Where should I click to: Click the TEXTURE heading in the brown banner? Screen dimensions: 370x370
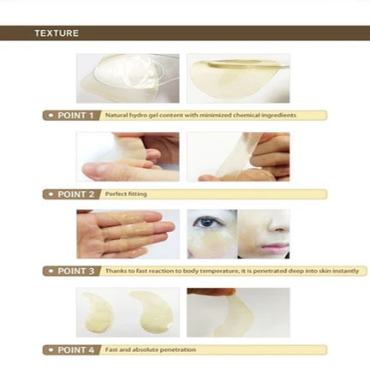pyautogui.click(x=57, y=33)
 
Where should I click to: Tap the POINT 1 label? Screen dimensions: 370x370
pyautogui.click(x=75, y=116)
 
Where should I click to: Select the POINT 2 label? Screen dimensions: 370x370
pyautogui.click(x=76, y=194)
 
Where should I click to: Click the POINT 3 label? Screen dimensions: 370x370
pyautogui.click(x=76, y=271)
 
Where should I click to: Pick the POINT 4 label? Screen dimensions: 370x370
pyautogui.click(x=76, y=349)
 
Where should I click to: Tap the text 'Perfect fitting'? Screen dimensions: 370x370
pyautogui.click(x=126, y=194)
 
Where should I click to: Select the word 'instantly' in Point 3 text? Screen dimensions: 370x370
pyautogui.click(x=346, y=271)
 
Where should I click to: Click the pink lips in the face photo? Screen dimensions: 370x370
pyautogui.click(x=276, y=247)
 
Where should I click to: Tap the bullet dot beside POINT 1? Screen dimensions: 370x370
pyautogui.click(x=51, y=116)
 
